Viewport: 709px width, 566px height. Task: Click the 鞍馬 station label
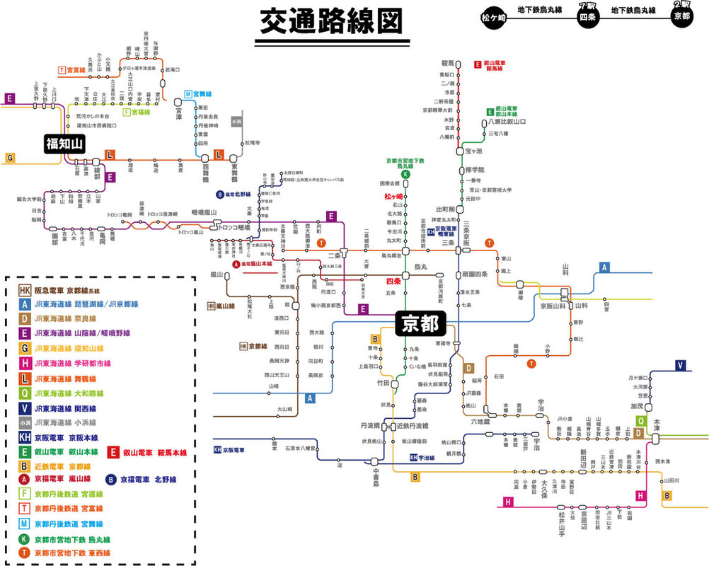pyautogui.click(x=446, y=64)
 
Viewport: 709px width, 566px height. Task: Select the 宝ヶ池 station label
pyautogui.click(x=473, y=151)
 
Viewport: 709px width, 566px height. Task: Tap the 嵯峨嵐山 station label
pyautogui.click(x=204, y=212)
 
